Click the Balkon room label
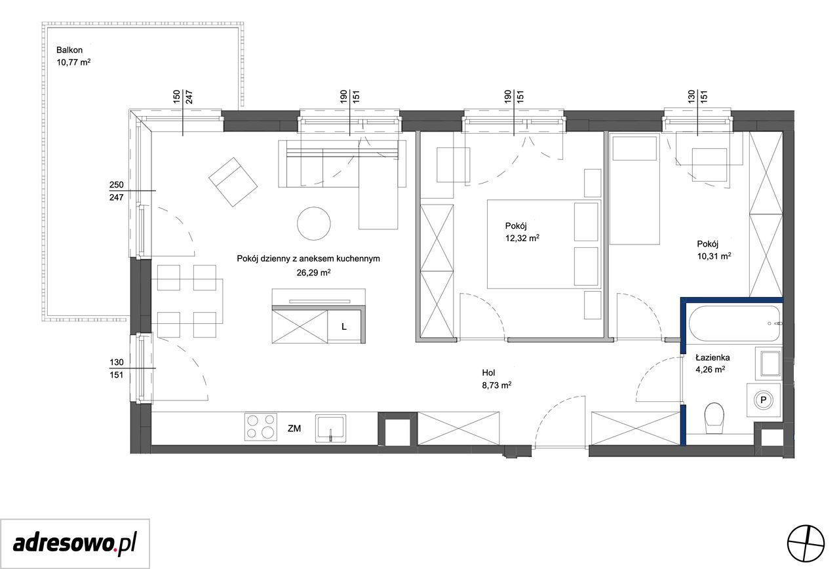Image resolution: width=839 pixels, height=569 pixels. click(69, 50)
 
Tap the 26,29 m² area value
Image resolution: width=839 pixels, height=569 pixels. click(313, 273)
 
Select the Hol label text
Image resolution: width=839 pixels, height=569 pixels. click(488, 373)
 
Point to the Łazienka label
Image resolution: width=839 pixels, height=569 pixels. click(712, 357)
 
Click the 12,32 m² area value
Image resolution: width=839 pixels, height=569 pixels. click(522, 238)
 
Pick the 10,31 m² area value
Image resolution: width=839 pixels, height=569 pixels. click(714, 256)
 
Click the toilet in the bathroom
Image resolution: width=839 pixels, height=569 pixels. click(714, 418)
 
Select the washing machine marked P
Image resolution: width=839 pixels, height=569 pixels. click(764, 400)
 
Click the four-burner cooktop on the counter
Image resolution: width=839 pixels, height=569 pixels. click(261, 427)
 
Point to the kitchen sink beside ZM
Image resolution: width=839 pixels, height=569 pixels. click(330, 428)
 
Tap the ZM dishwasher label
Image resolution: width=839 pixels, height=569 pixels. click(294, 429)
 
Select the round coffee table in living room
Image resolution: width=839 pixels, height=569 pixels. click(314, 224)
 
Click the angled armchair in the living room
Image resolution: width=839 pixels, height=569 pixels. click(233, 182)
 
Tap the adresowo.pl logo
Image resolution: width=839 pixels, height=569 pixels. click(75, 544)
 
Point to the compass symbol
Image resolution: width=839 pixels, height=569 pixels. click(806, 543)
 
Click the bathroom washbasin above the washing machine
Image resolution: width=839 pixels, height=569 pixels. click(768, 363)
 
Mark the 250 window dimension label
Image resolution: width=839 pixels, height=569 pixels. click(116, 185)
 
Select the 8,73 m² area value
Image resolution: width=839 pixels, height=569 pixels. click(497, 385)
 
